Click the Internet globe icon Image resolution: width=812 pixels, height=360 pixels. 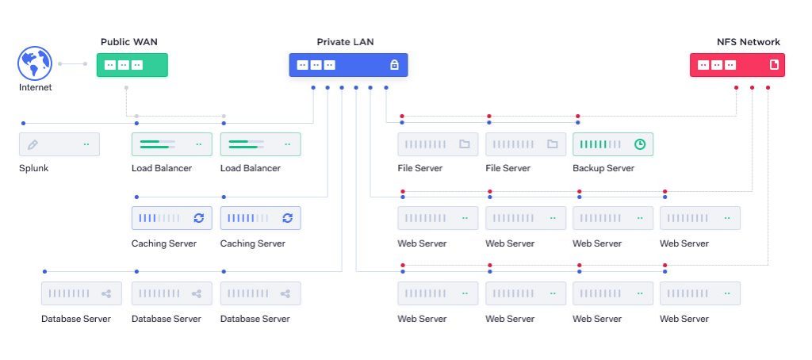34,63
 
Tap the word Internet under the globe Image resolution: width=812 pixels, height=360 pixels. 35,88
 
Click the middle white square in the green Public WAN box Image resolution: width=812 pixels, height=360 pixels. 124,65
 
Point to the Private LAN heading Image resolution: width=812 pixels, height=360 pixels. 345,42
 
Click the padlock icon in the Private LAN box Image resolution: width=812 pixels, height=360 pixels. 394,65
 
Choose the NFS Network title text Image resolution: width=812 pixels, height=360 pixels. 748,42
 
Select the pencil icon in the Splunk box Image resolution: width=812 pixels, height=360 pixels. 33,145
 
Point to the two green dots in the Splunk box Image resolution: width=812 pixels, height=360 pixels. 86,145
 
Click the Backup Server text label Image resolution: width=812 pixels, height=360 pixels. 603,169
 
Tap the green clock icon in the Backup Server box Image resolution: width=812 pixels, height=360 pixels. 640,145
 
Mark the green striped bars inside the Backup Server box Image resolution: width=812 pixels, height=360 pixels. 599,145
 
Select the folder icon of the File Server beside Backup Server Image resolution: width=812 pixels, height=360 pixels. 552,145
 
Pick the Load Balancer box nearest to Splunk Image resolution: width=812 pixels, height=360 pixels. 171,144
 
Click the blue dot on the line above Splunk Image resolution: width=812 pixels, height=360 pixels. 24,123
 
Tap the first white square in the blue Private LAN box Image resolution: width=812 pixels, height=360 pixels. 302,65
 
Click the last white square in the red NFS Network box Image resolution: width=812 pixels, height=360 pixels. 730,65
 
